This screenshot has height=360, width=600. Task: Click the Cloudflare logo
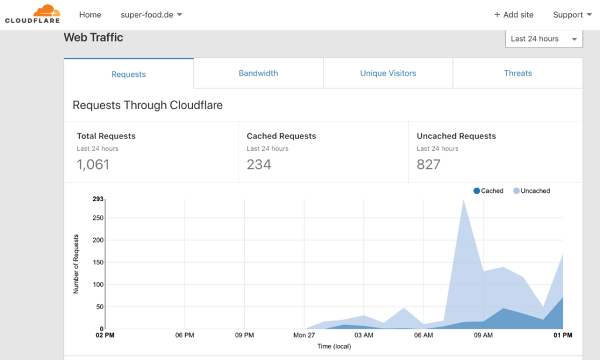tap(32, 14)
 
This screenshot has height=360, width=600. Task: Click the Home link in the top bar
tap(90, 15)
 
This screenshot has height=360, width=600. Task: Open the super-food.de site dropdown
tap(151, 15)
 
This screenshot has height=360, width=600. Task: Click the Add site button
tap(514, 15)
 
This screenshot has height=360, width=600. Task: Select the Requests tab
tap(128, 74)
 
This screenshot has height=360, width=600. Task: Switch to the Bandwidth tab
tap(258, 73)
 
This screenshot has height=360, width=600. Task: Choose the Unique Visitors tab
tap(388, 73)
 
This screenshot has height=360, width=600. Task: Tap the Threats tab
tap(518, 73)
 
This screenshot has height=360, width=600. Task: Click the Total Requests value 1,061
tap(93, 165)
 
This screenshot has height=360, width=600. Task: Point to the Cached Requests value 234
tap(259, 165)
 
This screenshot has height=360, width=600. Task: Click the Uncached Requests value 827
tap(428, 165)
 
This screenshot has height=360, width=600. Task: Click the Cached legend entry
tap(489, 191)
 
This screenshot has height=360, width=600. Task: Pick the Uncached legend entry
tap(532, 191)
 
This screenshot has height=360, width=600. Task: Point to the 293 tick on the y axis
tap(98, 199)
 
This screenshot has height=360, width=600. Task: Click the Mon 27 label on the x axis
tap(304, 335)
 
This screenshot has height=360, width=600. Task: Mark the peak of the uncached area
tap(464, 200)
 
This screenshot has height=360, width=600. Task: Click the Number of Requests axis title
tap(76, 264)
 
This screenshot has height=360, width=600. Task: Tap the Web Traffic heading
tap(93, 38)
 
